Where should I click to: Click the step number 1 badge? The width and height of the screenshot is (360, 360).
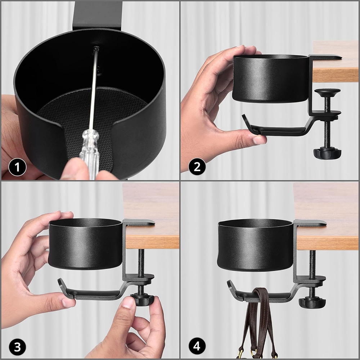(17, 167)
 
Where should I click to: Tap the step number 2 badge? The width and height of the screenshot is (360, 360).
(197, 167)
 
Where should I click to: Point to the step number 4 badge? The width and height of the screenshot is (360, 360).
(197, 346)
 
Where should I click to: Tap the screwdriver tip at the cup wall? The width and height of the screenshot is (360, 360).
(96, 48)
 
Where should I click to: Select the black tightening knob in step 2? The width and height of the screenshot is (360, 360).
(327, 153)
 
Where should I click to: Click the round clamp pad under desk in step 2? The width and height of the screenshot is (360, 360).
(327, 92)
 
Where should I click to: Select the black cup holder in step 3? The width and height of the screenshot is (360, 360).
(85, 244)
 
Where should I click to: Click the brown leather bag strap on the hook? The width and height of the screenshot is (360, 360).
(261, 321)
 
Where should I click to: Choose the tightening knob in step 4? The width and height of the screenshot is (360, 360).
(312, 302)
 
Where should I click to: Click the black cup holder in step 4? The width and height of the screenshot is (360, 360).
(255, 245)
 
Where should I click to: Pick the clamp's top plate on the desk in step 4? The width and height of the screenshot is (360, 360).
(310, 222)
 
